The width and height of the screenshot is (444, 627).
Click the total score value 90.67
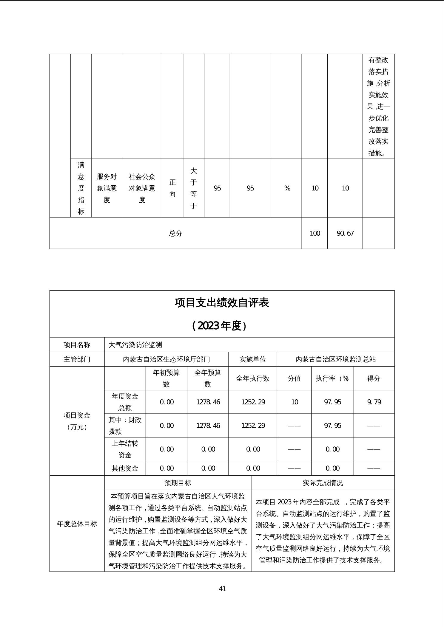[345, 233]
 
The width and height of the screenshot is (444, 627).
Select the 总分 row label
[175, 233]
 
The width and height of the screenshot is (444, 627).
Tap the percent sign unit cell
[287, 188]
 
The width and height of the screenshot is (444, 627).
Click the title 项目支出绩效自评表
[222, 302]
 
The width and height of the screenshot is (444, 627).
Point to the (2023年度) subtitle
[222, 326]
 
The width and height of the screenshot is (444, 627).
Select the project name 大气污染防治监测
[135, 345]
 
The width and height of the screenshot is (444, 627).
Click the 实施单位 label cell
[253, 359]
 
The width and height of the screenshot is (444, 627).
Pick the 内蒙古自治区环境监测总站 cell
[335, 359]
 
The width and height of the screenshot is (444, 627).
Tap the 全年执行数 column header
[253, 378]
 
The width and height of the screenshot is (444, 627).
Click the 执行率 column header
[332, 378]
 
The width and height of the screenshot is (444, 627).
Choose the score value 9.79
[374, 402]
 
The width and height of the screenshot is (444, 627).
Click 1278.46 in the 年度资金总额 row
[208, 402]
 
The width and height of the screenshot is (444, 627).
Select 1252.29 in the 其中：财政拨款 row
[253, 426]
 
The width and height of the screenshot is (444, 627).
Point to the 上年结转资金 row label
[125, 449]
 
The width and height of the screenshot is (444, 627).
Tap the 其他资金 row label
[125, 468]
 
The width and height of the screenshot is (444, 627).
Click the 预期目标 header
[178, 483]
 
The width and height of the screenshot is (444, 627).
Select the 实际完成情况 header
[323, 483]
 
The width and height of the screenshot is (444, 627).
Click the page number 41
[222, 589]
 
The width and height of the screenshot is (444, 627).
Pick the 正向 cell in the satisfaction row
[172, 188]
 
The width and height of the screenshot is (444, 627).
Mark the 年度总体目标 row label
[77, 524]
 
